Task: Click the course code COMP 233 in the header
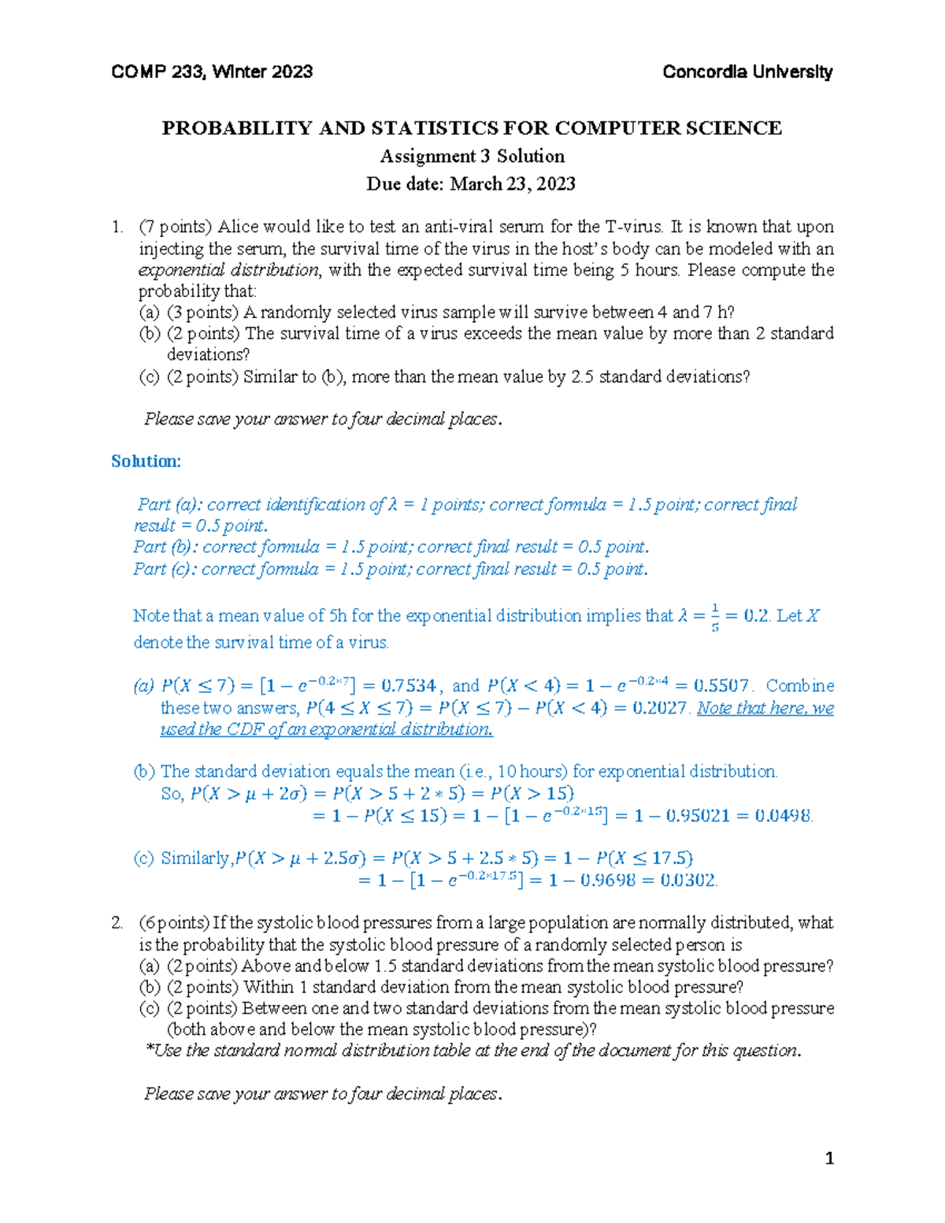coord(157,72)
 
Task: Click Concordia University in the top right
coord(747,72)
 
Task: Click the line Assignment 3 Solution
coord(472,156)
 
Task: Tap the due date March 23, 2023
coord(513,184)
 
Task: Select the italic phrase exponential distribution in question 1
coord(229,270)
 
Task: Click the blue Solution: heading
coord(146,461)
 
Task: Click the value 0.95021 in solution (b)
coord(698,816)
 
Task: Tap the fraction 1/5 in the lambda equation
coord(715,617)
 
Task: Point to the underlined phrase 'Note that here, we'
coord(765,708)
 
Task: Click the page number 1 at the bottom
coord(828,1158)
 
